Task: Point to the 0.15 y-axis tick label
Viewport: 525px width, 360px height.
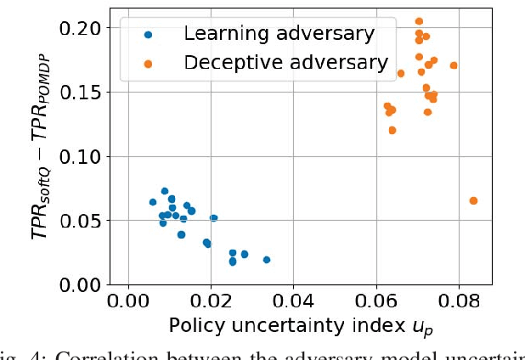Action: [x=80, y=93]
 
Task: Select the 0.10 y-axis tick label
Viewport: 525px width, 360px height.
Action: [x=80, y=156]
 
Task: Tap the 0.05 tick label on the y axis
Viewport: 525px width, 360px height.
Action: [x=80, y=221]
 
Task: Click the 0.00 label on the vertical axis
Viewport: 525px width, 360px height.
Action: [x=80, y=284]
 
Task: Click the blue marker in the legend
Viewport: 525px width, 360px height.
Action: [x=149, y=35]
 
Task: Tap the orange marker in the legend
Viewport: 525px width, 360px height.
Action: [x=149, y=63]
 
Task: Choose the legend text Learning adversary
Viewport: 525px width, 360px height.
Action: [x=279, y=34]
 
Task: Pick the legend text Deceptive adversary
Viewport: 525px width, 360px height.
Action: [x=286, y=62]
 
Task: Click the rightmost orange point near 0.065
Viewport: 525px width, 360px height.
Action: [x=473, y=201]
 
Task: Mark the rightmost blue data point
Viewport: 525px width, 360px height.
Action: [x=267, y=260]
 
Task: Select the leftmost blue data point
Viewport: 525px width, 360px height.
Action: [x=153, y=202]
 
